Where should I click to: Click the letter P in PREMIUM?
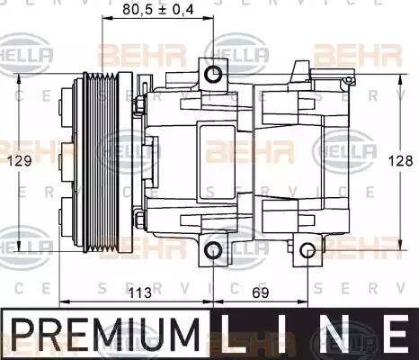click(x=22, y=334)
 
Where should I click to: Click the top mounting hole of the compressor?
click(x=214, y=72)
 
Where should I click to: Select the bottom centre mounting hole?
click(x=214, y=250)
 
